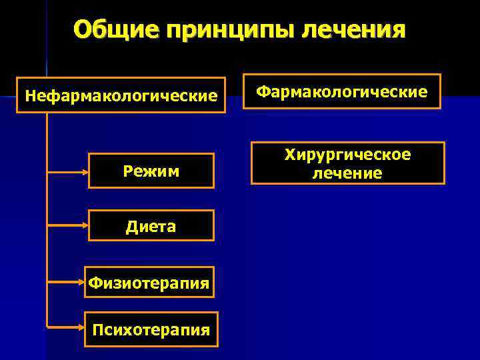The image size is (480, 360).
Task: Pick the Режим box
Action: click(151, 171)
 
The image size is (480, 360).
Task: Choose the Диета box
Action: click(151, 227)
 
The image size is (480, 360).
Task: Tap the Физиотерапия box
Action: click(151, 284)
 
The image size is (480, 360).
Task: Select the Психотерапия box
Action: click(151, 329)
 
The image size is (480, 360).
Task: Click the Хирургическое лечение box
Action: click(347, 163)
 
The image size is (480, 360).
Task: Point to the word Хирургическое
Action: click(347, 155)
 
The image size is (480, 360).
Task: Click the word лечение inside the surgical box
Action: click(347, 173)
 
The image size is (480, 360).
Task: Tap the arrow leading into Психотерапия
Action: click(67, 327)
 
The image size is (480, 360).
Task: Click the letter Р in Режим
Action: click(128, 172)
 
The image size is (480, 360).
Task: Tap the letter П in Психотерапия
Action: click(98, 329)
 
